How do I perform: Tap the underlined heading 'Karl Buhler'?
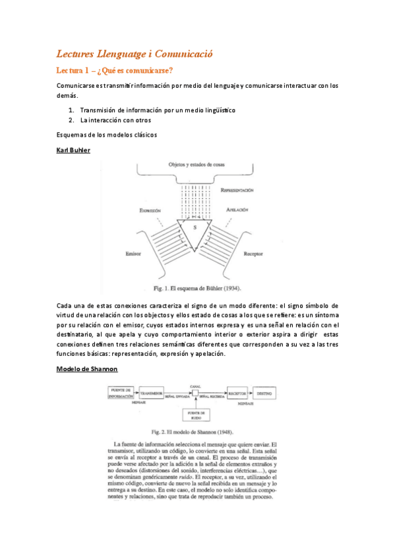(x=73, y=151)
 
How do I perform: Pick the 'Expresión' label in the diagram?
(x=150, y=210)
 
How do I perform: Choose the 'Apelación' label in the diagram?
(x=237, y=210)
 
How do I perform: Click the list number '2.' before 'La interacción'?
(x=71, y=121)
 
